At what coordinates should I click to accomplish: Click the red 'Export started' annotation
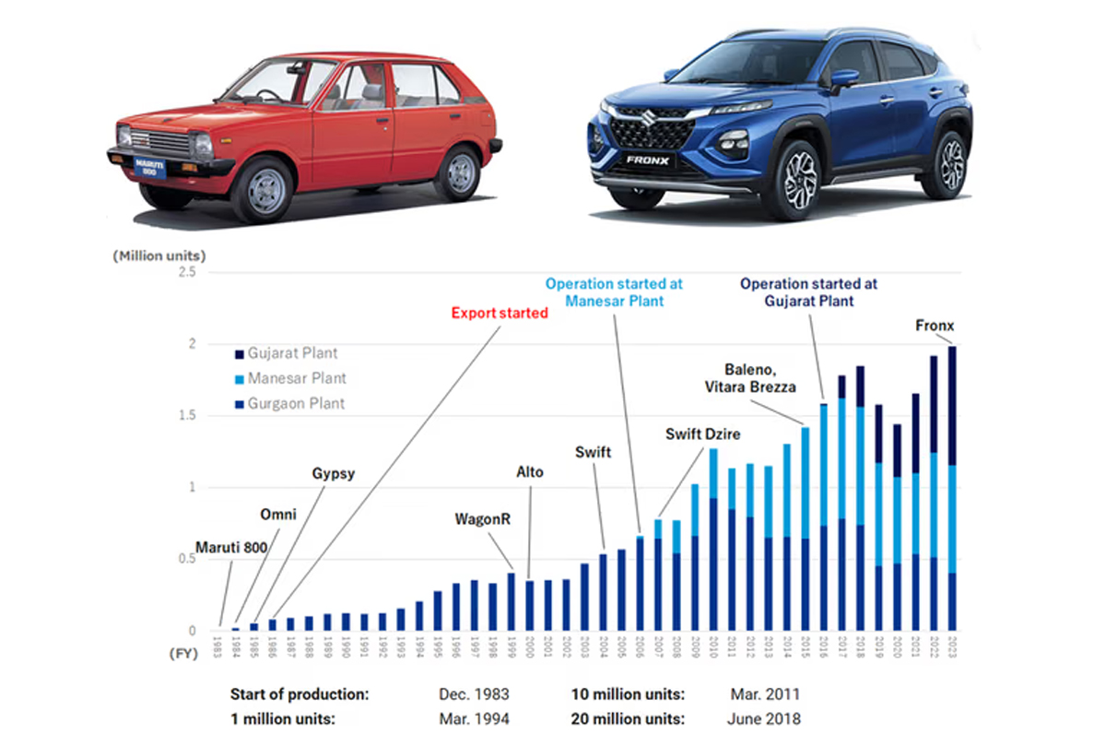[x=500, y=313]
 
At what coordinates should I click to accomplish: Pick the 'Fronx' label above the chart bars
[x=934, y=326]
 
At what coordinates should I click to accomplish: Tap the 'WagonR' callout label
[x=482, y=519]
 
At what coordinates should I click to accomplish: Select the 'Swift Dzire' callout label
[x=703, y=433]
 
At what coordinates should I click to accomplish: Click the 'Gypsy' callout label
[x=333, y=474]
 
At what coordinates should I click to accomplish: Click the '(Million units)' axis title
[x=159, y=255]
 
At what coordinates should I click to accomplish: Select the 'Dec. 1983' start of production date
[x=474, y=694]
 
